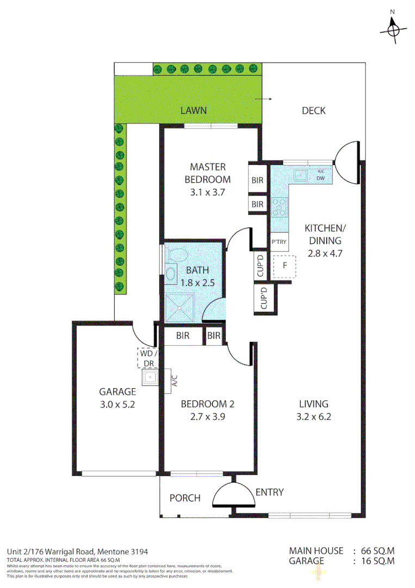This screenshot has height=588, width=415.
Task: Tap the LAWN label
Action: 194,111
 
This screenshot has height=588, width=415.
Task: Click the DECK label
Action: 313,111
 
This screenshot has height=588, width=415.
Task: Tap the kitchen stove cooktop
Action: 280,207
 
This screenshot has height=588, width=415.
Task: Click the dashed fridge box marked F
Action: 284,266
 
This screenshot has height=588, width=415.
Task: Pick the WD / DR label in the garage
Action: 147,357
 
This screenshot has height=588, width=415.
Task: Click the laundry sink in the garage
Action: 149,377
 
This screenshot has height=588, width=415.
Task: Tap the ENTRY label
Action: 269,492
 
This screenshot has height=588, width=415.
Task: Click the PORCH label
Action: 184,498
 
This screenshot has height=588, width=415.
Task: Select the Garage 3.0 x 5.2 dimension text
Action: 117,405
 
